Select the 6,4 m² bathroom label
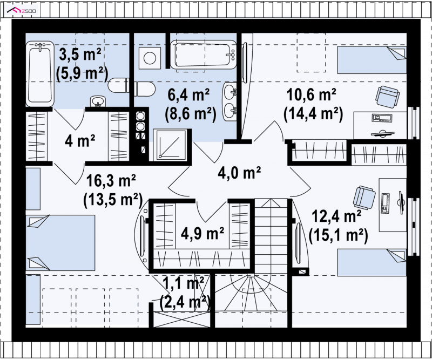(188, 94)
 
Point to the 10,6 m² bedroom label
(312, 95)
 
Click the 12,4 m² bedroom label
(336, 216)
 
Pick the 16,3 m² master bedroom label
(111, 181)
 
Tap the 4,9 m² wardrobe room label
(202, 233)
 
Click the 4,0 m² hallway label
(239, 172)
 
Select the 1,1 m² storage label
(183, 283)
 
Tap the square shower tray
(171, 145)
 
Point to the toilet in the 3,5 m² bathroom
(118, 86)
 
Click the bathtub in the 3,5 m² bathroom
(39, 73)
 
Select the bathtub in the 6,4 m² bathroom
(204, 55)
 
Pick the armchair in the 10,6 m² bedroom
(388, 96)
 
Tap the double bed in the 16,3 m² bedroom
(60, 243)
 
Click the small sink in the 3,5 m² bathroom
(98, 101)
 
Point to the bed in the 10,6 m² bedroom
(372, 60)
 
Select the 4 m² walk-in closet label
(80, 141)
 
